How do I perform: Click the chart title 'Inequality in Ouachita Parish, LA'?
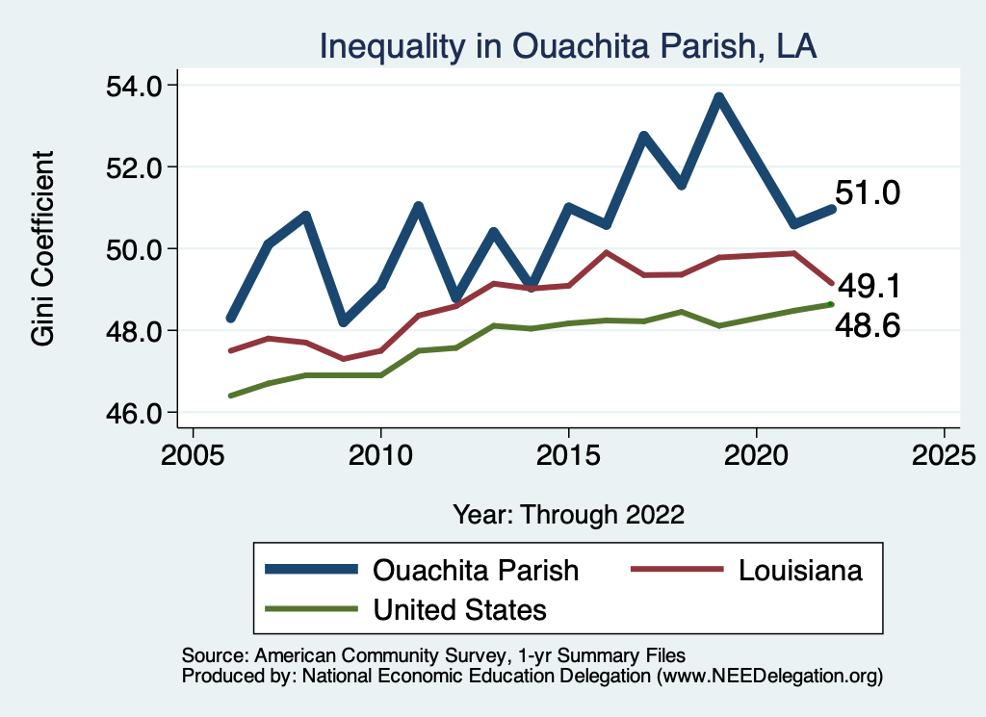click(568, 46)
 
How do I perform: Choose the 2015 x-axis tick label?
click(568, 452)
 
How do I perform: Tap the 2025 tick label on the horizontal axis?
click(944, 452)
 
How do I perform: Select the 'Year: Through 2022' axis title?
click(568, 514)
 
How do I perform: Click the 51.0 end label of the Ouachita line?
click(868, 193)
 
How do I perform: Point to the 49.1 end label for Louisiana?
click(869, 286)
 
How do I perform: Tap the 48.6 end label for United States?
click(868, 327)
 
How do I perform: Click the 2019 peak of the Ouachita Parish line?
click(718, 97)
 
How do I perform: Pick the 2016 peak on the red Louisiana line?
click(606, 252)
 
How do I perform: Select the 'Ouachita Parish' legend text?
click(476, 570)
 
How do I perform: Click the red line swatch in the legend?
click(676, 570)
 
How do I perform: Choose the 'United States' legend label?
click(459, 609)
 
